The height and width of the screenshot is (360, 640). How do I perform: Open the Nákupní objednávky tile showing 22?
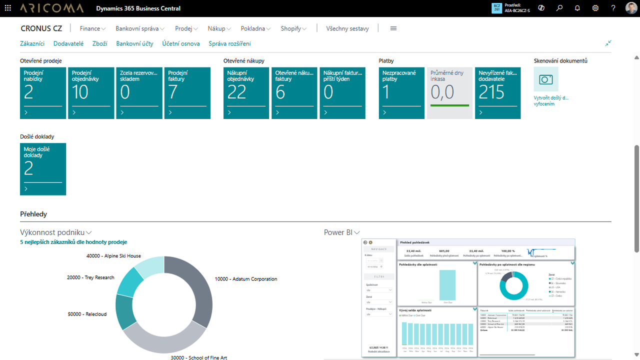246,93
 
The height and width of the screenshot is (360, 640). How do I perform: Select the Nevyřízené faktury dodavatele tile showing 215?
497,93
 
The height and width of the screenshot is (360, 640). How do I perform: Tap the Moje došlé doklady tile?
43,169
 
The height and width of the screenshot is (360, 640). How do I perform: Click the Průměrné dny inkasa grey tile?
449,93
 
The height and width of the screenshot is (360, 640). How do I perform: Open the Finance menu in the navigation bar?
92,28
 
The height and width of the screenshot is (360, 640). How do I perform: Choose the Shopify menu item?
293,28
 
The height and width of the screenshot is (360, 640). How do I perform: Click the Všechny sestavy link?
347,28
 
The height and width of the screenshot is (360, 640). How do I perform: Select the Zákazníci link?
32,43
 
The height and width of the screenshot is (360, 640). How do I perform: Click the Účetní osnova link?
181,43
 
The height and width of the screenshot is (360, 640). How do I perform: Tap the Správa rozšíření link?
229,43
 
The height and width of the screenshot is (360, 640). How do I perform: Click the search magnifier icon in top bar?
559,8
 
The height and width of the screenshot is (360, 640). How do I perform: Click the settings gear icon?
595,8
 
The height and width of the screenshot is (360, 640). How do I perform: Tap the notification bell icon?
577,8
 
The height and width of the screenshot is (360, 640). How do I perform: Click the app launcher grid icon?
8,8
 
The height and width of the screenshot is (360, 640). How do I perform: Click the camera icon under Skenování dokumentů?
546,79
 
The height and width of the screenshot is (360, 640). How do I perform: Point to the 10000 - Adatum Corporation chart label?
245,279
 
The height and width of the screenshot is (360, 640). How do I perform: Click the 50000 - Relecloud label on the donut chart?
87,314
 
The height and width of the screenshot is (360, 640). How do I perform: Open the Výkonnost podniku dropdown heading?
55,232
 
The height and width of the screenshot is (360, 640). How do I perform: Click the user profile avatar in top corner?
631,8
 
